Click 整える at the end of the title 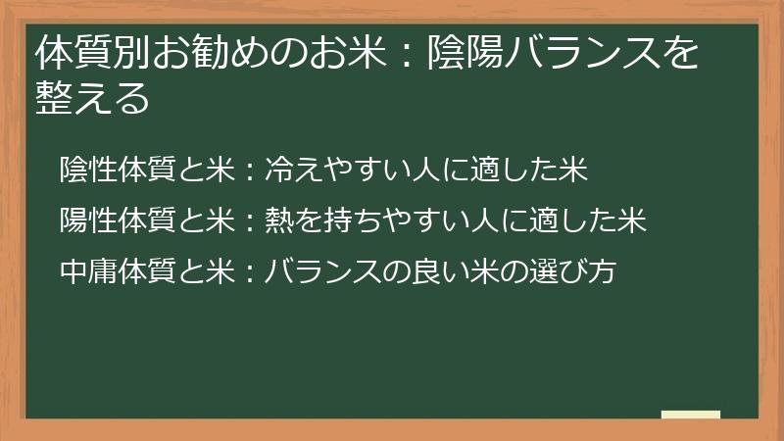(93, 98)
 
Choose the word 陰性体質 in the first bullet (119, 170)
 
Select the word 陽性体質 (119, 220)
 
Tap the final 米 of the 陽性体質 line (633, 220)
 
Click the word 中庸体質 (119, 271)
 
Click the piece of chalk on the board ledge (691, 415)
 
